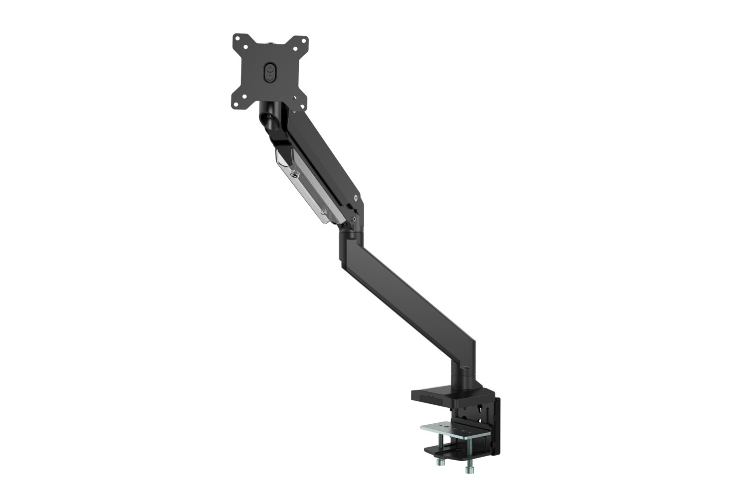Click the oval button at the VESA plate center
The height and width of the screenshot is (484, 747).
click(x=270, y=71)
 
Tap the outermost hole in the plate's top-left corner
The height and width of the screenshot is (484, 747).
click(x=237, y=38)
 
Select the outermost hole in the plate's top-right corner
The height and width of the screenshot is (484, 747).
click(x=303, y=38)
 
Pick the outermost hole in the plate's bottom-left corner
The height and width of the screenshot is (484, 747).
click(x=237, y=105)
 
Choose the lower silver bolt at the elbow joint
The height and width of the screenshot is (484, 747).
click(x=354, y=218)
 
